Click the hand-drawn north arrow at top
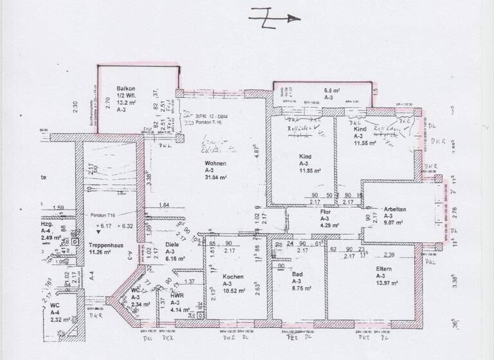click(x=273, y=19)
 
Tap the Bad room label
click(x=297, y=273)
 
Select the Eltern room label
click(x=386, y=269)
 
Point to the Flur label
click(x=325, y=211)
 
